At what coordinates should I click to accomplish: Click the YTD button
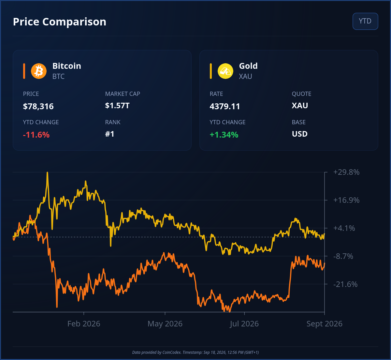click(x=365, y=21)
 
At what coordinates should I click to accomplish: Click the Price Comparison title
click(x=60, y=22)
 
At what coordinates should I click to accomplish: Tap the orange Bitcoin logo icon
click(x=38, y=71)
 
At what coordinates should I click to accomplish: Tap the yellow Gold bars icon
click(x=225, y=71)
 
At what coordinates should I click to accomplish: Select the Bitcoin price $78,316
click(x=38, y=106)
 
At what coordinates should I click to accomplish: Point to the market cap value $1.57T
click(x=117, y=106)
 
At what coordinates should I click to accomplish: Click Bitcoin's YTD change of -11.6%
click(x=36, y=135)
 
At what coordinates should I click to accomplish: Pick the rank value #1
click(x=109, y=134)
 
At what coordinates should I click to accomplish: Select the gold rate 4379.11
click(x=225, y=106)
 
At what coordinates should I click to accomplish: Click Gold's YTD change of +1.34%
click(x=224, y=135)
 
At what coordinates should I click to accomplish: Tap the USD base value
click(x=299, y=134)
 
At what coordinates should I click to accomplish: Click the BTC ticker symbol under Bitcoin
click(x=58, y=76)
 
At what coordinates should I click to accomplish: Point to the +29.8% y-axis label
click(x=346, y=172)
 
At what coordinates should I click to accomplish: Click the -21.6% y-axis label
click(x=345, y=284)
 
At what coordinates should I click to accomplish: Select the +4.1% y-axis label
click(x=344, y=228)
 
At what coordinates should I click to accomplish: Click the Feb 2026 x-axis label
click(x=84, y=324)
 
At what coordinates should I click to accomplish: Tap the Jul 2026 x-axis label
click(x=244, y=324)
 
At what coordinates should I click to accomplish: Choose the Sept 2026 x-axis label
click(x=324, y=324)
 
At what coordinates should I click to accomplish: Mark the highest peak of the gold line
click(x=47, y=172)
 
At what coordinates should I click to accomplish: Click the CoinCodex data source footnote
click(x=195, y=352)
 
